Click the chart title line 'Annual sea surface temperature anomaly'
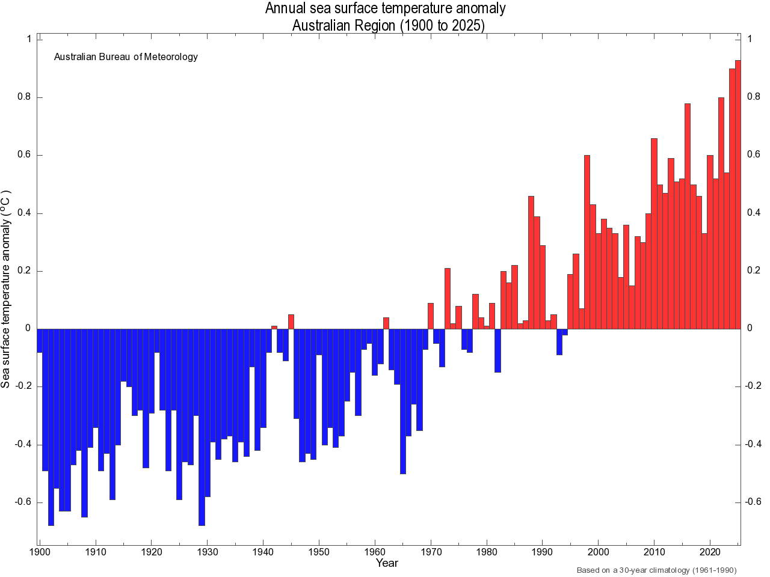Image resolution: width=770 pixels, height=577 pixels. coord(385,8)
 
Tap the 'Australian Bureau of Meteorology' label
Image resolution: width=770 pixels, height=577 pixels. coord(126,57)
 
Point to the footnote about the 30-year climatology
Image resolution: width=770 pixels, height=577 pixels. coord(656,570)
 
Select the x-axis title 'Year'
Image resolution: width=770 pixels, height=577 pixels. coord(387,563)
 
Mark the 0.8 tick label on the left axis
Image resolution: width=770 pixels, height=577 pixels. coord(25,97)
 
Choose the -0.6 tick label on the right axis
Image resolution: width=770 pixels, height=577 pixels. coord(753,502)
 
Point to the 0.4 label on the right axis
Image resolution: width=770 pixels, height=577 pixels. coord(753,213)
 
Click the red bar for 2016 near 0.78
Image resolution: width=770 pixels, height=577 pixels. coord(688,216)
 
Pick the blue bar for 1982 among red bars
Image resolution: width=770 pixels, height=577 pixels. coord(497,350)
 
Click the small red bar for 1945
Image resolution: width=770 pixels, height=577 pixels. coord(291,322)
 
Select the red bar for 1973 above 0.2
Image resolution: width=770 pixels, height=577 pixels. coord(448,298)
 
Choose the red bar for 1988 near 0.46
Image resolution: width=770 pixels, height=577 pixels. coord(531,262)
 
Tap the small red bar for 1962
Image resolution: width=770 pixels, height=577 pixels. coord(386,323)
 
